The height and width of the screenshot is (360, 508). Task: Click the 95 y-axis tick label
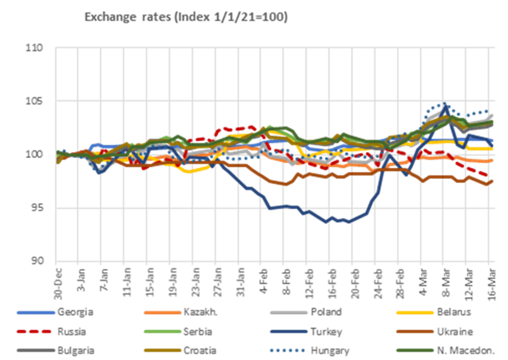click(36, 207)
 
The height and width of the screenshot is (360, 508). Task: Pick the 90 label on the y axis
click(36, 260)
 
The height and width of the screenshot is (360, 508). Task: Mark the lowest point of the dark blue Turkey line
click(345, 221)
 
